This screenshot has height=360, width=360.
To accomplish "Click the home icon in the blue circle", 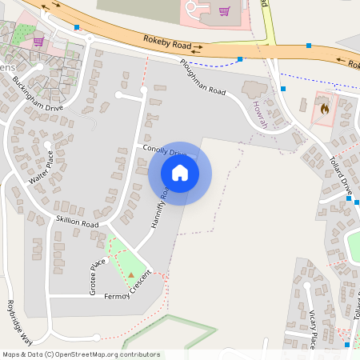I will coord(179,173).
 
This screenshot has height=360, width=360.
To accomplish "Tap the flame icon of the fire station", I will coord(324,108).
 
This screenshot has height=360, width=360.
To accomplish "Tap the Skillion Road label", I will coord(77,222).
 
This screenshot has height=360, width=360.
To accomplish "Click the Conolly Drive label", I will coord(164,151).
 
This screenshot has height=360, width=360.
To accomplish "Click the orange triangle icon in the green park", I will coord(132,274).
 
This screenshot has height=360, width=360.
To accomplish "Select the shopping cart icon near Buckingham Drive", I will coord(38,41).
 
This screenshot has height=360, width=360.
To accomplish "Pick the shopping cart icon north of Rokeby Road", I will coord(225,11).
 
